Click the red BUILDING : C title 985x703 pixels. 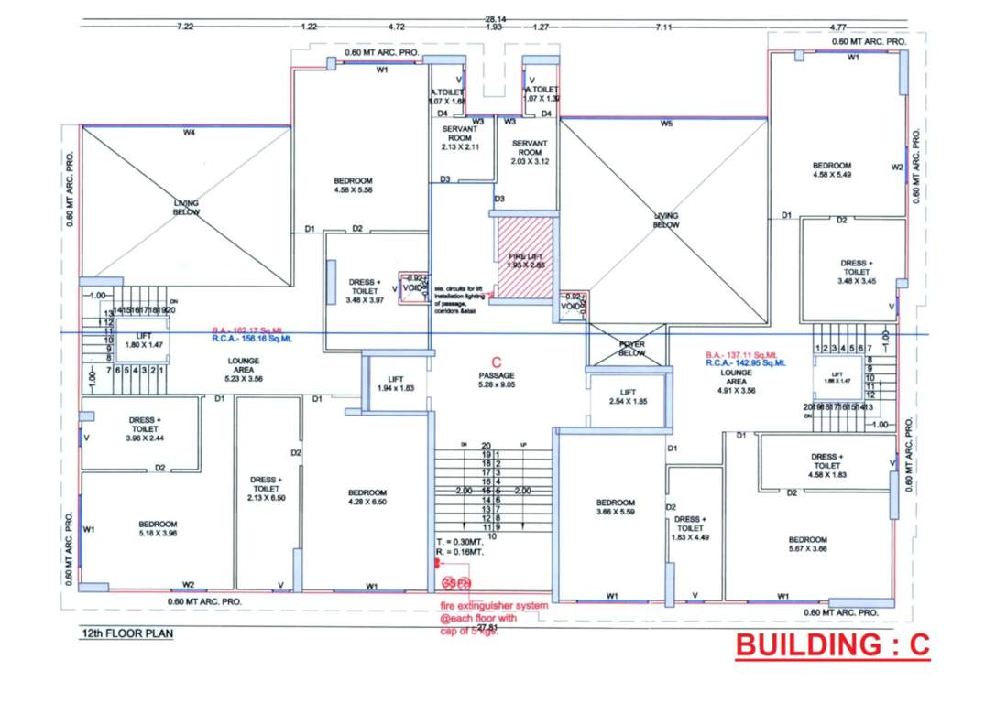pyautogui.click(x=833, y=644)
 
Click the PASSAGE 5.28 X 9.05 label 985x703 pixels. pyautogui.click(x=497, y=380)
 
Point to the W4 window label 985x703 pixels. pyautogui.click(x=189, y=133)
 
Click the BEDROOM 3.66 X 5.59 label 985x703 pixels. pyautogui.click(x=615, y=507)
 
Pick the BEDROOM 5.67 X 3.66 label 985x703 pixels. pyautogui.click(x=807, y=545)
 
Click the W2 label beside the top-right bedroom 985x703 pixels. pyautogui.click(x=897, y=168)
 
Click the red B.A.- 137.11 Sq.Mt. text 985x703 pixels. pyautogui.click(x=741, y=354)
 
